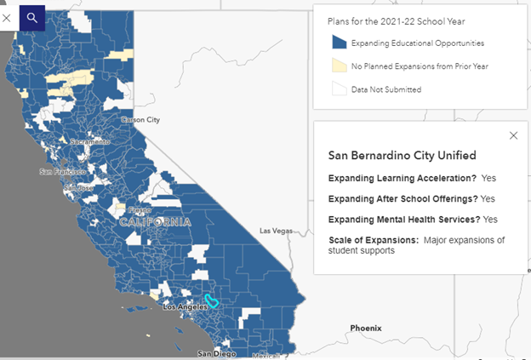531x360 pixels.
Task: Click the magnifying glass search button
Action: [x=32, y=17]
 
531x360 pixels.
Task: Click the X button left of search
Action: [x=8, y=17]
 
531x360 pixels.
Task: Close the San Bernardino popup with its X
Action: [x=513, y=135]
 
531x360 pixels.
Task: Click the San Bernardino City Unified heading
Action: [x=402, y=156]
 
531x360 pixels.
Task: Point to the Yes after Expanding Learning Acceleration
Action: [x=488, y=179]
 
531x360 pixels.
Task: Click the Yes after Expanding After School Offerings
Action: [x=487, y=198]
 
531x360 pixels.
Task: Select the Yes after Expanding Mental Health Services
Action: [x=490, y=219]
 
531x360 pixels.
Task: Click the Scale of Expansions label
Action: [x=373, y=240]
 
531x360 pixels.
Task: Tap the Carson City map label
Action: [x=140, y=120]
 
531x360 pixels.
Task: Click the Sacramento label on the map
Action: [x=89, y=141]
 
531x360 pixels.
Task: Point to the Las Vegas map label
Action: [x=276, y=231]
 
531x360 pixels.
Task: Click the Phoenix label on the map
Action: [x=366, y=328]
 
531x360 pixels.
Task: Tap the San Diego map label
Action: [x=215, y=352]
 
